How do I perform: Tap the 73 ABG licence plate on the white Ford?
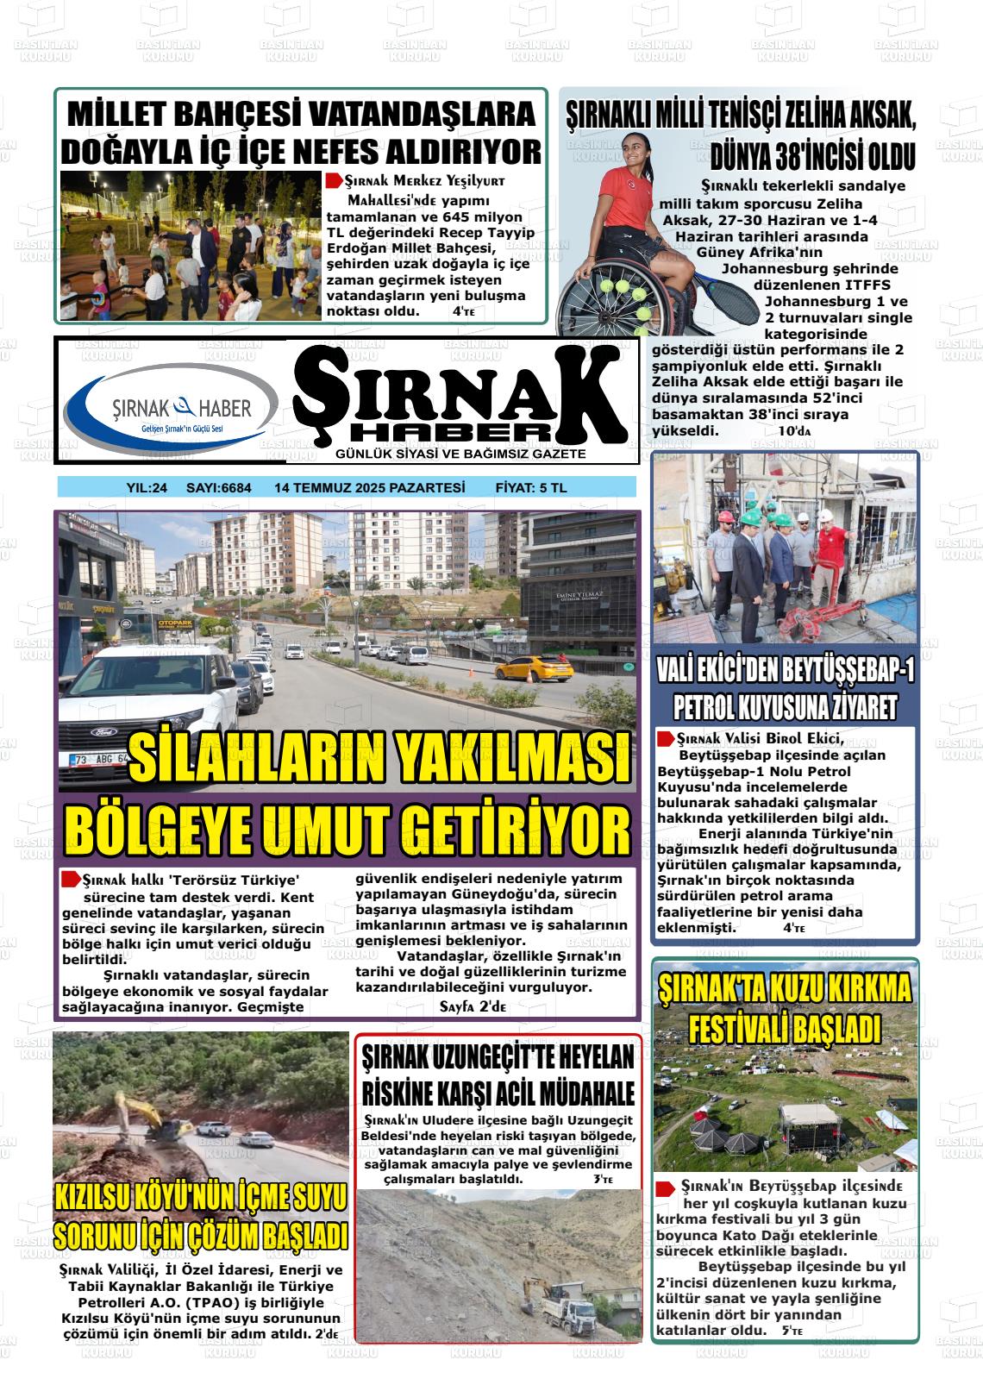tap(95, 760)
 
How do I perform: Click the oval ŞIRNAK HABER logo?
tap(171, 404)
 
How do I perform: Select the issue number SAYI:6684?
tap(219, 488)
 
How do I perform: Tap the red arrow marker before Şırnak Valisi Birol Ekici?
tap(665, 739)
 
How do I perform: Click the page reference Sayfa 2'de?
tap(473, 1006)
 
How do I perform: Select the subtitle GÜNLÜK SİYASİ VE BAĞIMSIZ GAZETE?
tap(461, 454)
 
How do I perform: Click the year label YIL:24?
tap(146, 488)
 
